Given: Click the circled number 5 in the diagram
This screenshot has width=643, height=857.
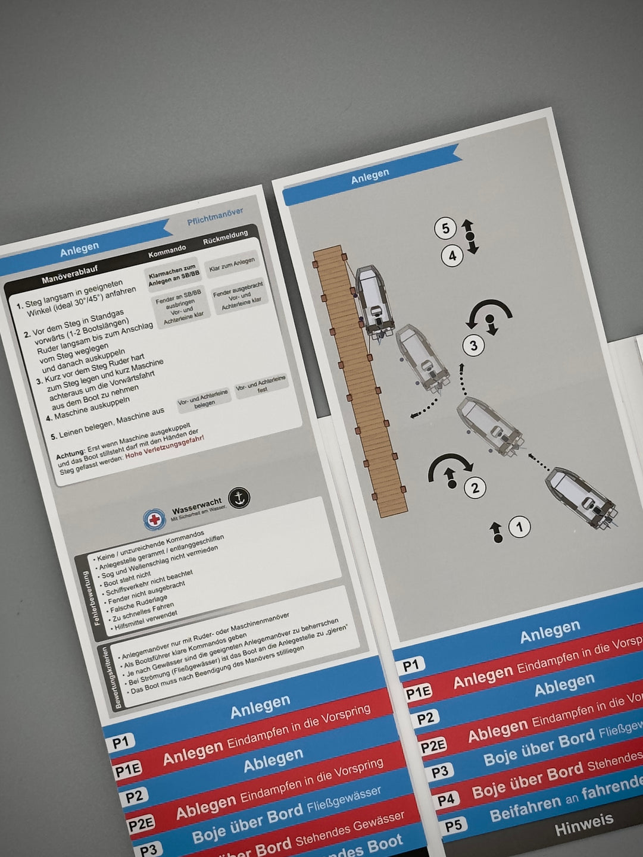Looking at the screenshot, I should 445,228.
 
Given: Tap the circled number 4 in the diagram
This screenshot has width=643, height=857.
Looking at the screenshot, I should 452,256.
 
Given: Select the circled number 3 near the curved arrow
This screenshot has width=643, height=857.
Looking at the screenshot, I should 473,345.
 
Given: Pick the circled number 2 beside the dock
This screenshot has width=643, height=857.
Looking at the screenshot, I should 475,488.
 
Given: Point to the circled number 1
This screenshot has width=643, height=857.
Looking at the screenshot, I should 519,527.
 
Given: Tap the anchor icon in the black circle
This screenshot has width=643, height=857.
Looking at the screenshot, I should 239,498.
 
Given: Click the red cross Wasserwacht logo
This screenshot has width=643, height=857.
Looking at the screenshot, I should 155,519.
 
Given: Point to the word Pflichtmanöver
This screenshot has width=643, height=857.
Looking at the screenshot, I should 215,217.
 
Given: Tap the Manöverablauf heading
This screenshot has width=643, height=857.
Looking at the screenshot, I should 70,274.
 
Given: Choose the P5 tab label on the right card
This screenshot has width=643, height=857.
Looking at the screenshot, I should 453,826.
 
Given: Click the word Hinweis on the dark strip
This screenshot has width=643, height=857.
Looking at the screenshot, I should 583,825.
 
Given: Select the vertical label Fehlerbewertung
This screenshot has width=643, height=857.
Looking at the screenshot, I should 91,598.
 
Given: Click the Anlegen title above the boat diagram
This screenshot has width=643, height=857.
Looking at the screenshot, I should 370,176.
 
